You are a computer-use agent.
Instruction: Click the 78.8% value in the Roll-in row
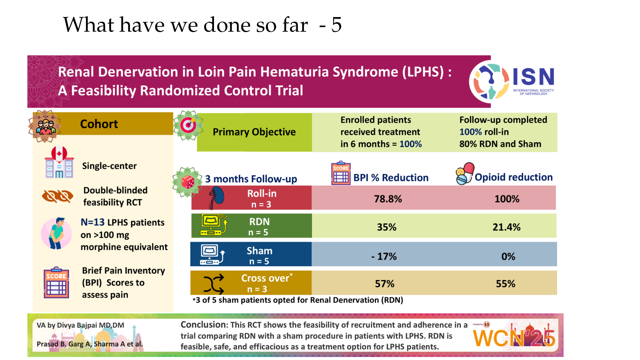tap(388, 199)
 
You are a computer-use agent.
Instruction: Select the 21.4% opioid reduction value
tap(506, 227)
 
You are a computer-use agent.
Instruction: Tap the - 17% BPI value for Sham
tap(384, 256)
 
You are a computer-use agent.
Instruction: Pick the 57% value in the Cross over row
tap(385, 284)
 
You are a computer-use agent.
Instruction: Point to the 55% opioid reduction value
tap(505, 284)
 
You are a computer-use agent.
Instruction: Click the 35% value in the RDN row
tap(387, 227)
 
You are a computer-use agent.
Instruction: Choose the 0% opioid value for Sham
tap(508, 256)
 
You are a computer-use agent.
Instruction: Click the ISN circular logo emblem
tap(489, 82)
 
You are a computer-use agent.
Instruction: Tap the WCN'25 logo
tap(514, 337)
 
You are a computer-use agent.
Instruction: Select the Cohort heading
tap(99, 124)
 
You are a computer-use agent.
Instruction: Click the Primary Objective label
tap(254, 132)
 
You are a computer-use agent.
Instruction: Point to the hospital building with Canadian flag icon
tap(59, 162)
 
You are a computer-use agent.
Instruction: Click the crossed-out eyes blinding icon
tap(57, 196)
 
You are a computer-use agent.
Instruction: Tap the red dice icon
tap(188, 182)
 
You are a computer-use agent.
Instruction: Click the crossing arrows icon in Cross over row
tap(214, 284)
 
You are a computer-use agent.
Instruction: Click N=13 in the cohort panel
tap(93, 222)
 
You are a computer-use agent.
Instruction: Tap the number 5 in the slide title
tap(337, 25)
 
